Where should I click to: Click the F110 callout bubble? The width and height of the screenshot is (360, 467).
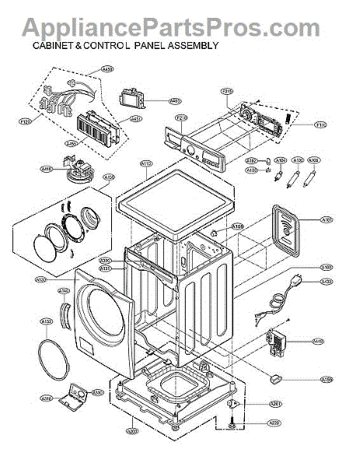point(320,125)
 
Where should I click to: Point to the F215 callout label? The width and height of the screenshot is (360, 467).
point(228,92)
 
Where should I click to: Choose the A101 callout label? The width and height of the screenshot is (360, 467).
point(327,220)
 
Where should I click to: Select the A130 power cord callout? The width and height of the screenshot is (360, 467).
point(327,281)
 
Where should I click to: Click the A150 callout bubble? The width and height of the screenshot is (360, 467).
point(327,379)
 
